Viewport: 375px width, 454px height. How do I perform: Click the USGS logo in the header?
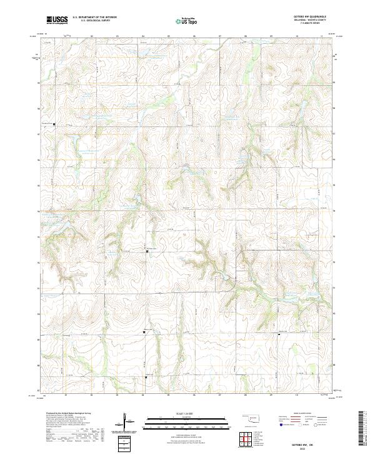click(57, 20)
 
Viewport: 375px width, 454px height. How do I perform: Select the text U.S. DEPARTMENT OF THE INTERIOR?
click(94, 18)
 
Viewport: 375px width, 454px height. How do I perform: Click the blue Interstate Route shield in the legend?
click(281, 424)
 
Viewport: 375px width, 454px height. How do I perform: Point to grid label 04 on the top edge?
click(142, 36)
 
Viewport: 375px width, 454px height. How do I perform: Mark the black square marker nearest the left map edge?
click(54, 124)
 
